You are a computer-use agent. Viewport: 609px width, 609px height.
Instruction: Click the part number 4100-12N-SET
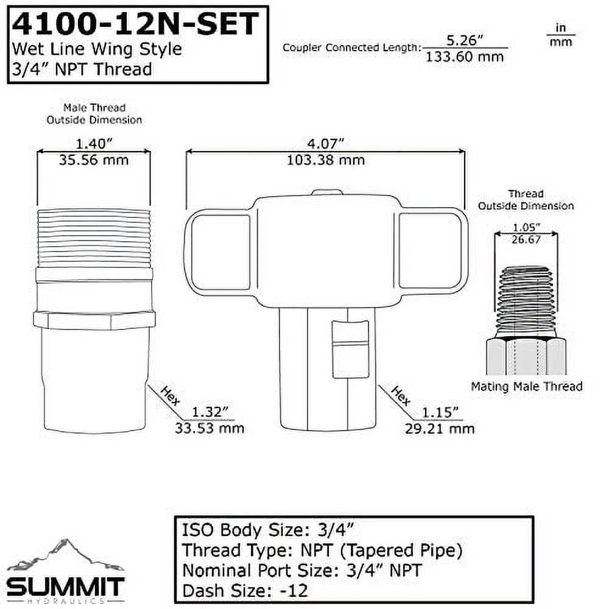point(135,26)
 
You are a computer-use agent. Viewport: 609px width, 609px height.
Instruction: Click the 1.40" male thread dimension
point(94,144)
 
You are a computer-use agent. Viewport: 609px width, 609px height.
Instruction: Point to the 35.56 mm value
point(94,160)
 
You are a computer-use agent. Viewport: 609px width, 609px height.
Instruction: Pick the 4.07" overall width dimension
point(326,144)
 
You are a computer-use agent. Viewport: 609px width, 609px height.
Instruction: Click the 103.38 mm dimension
point(326,160)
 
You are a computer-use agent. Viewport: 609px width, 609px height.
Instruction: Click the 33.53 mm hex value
point(209,428)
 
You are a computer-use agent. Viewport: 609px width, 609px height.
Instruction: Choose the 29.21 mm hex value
point(439,428)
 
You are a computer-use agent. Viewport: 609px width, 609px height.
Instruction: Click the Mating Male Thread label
point(527,386)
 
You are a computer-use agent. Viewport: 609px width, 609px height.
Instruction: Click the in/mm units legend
point(560,35)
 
